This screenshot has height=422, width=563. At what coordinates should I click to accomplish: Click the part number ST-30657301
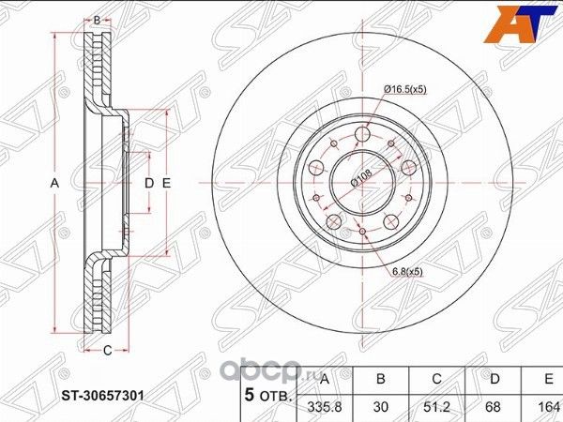(x=102, y=394)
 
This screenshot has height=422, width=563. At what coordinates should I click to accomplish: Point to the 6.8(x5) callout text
(x=410, y=272)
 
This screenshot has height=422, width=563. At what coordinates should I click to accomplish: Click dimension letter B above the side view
(x=96, y=19)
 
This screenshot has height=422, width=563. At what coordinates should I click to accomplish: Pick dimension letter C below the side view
(x=107, y=351)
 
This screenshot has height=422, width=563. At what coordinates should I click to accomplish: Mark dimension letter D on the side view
(x=148, y=183)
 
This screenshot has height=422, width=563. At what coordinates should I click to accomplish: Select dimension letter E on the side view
(x=165, y=183)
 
